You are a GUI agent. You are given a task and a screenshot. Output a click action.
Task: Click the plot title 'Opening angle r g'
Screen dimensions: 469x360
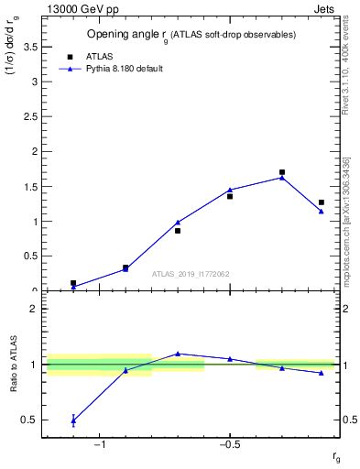(x=191, y=35)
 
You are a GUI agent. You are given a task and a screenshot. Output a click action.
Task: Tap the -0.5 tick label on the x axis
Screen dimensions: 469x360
(x=229, y=445)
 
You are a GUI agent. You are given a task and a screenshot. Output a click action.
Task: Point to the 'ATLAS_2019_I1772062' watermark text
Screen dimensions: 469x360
(x=191, y=274)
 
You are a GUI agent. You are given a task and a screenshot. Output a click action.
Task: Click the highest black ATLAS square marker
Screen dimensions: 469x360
(x=282, y=172)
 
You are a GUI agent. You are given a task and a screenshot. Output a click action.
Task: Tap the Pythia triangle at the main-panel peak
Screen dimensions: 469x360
(x=282, y=178)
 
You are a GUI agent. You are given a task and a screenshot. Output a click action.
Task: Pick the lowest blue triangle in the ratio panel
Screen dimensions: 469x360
(x=73, y=421)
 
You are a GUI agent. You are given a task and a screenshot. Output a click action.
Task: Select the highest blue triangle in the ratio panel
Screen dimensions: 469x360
(x=178, y=354)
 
